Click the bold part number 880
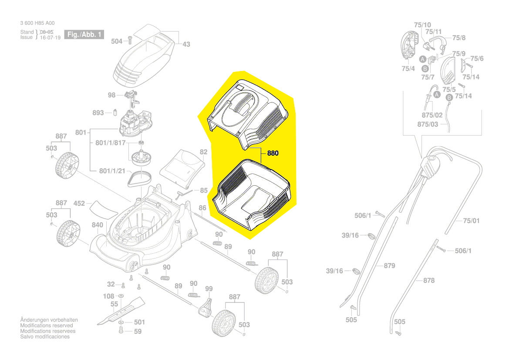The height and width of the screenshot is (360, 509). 273,153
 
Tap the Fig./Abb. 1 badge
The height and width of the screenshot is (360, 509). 84,34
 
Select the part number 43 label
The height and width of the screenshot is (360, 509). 186,44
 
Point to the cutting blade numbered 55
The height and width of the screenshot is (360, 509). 121,311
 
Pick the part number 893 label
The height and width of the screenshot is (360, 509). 98,113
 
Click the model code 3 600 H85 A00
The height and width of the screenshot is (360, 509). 37,23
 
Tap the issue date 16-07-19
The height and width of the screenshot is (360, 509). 51,37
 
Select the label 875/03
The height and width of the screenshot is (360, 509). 428,125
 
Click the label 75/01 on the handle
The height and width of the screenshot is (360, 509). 471,221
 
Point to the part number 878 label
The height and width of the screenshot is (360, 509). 428,280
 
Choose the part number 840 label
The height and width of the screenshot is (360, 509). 98,225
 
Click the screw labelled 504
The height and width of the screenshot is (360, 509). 130,40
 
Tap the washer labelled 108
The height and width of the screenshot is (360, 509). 121,296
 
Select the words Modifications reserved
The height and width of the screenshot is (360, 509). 47,326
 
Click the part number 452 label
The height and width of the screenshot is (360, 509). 79,204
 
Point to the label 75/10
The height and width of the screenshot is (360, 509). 422,25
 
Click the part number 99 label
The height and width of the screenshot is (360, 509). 209,289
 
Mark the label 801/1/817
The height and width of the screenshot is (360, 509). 110,143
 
